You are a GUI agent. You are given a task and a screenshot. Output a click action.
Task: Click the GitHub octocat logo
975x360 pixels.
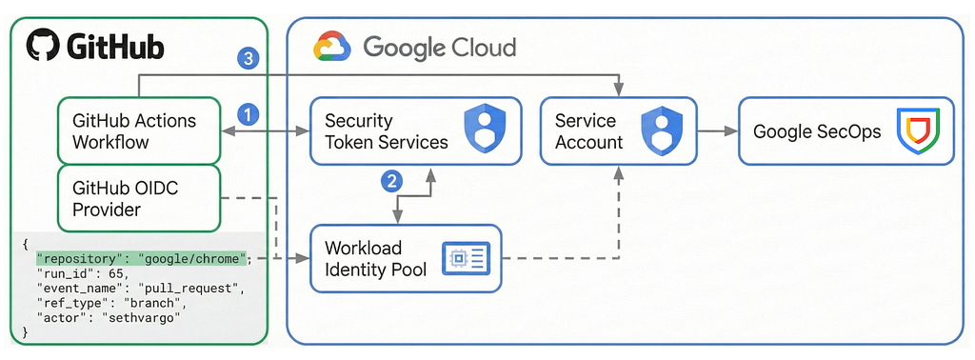43,46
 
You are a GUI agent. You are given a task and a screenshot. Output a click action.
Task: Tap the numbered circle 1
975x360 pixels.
249,114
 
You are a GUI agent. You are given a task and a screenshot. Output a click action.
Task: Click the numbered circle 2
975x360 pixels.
391,181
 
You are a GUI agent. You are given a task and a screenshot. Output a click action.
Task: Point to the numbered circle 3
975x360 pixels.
249,60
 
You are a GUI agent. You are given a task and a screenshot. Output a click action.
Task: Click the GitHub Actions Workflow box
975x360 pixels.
139,130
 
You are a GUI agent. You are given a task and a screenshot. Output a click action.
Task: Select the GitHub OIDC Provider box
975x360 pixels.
139,198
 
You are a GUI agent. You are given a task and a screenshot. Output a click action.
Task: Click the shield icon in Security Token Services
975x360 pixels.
485,130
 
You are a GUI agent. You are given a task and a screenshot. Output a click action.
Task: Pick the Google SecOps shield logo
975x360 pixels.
918,130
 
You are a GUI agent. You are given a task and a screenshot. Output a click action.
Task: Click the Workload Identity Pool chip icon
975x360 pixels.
466,258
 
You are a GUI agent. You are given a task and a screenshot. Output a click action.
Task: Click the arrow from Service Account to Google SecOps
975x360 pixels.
718,131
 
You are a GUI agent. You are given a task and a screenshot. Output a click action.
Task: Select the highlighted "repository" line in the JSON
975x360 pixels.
142,259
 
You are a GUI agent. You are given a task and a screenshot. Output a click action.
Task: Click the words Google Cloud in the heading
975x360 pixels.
439,48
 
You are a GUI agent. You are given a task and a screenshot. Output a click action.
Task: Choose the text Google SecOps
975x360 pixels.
816,131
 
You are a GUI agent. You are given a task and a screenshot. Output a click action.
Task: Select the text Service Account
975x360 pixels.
588,131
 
